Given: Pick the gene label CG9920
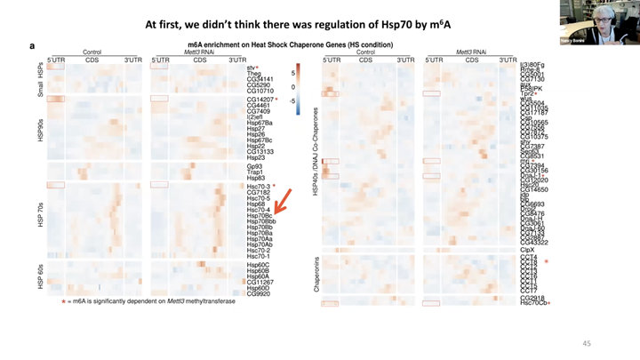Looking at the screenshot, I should click(x=259, y=293).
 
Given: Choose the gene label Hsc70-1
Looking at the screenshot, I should click(x=260, y=256).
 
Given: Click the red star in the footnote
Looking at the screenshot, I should click(x=63, y=302).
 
